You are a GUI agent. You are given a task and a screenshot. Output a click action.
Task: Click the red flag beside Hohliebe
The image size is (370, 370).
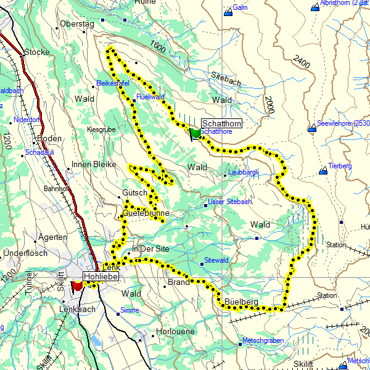point(77,286)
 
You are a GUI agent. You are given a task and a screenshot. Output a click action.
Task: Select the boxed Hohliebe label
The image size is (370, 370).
point(101,277)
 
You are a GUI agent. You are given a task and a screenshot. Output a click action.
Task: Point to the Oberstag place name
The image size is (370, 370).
point(76,24)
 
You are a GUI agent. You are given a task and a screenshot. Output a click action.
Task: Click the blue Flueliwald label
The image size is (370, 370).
point(150,97)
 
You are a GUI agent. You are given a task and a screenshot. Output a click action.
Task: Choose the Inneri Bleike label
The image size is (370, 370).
point(94,164)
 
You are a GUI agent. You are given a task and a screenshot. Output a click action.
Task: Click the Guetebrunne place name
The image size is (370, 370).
point(146,213)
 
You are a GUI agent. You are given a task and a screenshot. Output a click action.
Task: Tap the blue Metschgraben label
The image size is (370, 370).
point(263,341)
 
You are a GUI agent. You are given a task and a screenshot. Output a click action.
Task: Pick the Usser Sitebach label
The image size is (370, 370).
point(230,202)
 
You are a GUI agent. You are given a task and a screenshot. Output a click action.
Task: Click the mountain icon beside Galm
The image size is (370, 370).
point(228,10)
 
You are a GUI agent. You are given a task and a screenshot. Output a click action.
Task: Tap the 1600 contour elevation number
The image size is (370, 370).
point(158,46)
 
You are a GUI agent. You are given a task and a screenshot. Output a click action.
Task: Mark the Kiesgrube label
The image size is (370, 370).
point(101,129)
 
